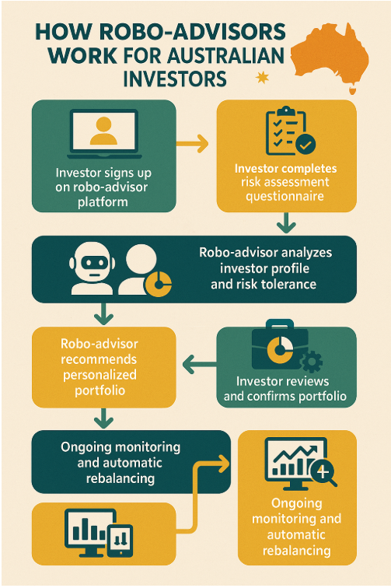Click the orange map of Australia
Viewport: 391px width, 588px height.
coord(329,55)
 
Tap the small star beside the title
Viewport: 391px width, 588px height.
coord(262,78)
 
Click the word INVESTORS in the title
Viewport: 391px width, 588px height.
coord(175,79)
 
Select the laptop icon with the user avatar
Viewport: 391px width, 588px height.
coord(104,134)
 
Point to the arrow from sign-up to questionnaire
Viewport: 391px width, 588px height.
coord(192,143)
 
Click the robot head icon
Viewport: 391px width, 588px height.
coord(92,269)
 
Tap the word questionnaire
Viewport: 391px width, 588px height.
coord(285,196)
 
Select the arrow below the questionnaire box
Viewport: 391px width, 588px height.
coord(286,222)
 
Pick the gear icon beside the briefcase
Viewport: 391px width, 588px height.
coord(312,361)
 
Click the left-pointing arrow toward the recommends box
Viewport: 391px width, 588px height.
coord(200,364)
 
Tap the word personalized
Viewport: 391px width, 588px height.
coord(99,375)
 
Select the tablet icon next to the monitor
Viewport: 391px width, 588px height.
coord(120,541)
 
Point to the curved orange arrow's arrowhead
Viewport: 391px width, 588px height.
coord(222,464)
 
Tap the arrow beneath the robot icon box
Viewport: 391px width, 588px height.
coord(104,314)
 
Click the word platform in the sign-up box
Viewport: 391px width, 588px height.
coord(103,201)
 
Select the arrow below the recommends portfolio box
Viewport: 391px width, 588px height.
coord(104,418)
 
